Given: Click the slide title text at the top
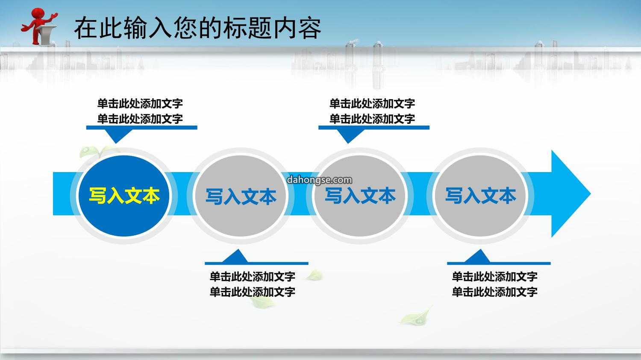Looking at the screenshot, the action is click(x=198, y=28).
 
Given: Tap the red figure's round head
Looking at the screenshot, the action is click(x=38, y=13).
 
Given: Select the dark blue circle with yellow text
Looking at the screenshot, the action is click(x=124, y=196).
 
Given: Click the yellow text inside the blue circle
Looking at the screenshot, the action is click(x=124, y=196).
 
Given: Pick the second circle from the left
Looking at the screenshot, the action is click(x=241, y=196).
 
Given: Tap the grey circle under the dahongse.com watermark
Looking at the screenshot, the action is click(x=360, y=196).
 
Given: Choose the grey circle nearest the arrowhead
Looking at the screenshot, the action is click(x=480, y=196).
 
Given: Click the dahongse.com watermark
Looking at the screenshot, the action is click(x=319, y=180).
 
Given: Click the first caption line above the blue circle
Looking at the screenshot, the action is click(x=140, y=103).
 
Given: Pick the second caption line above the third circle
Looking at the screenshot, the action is click(x=372, y=119).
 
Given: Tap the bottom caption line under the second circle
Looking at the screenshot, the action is click(x=253, y=292).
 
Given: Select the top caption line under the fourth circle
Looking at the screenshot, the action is click(x=494, y=276).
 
